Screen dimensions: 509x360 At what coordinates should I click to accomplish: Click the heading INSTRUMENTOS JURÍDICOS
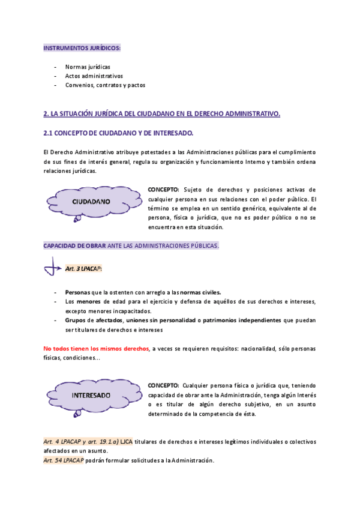(x=82, y=47)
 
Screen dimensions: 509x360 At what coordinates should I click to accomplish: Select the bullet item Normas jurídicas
(x=88, y=67)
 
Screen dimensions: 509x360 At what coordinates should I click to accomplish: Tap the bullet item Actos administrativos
(x=94, y=76)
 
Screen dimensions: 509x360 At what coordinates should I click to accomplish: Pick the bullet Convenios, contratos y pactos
(x=105, y=85)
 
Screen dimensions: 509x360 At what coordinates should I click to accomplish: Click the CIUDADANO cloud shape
(x=91, y=202)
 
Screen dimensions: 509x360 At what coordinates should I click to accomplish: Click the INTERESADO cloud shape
(x=91, y=396)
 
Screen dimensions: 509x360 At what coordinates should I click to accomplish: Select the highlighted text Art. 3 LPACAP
(x=83, y=268)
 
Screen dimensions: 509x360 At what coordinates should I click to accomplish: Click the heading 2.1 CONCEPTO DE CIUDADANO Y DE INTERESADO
(x=118, y=133)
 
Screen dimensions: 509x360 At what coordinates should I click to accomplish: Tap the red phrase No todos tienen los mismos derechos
(x=97, y=348)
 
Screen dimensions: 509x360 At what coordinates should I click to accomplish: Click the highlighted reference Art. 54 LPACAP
(x=63, y=460)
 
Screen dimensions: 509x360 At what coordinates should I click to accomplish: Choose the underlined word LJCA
(x=126, y=442)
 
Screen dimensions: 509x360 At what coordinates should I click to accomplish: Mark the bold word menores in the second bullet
(x=89, y=301)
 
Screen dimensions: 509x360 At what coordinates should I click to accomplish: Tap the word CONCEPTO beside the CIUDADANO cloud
(x=163, y=190)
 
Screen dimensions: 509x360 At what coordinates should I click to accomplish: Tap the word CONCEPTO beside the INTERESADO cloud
(x=163, y=385)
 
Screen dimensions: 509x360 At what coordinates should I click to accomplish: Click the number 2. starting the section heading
(x=46, y=113)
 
